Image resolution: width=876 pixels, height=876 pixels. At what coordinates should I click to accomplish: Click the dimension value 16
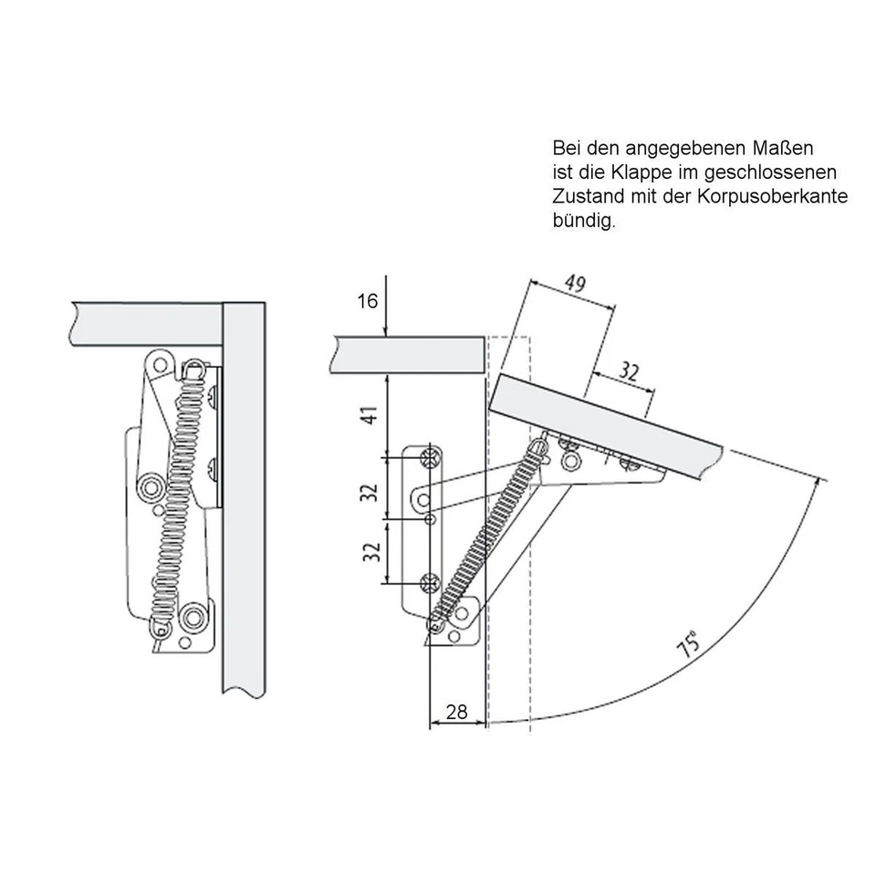pyautogui.click(x=367, y=300)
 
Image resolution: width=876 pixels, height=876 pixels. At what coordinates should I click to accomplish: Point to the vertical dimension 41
pyautogui.click(x=368, y=416)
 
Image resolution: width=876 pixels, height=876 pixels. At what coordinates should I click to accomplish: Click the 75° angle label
pyautogui.click(x=690, y=644)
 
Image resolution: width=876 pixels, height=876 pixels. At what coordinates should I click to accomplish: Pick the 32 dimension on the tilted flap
pyautogui.click(x=629, y=371)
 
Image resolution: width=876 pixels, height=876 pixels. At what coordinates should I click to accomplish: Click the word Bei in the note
pyautogui.click(x=566, y=147)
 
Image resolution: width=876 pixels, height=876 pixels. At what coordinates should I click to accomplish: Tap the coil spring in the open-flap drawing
pyautogui.click(x=488, y=535)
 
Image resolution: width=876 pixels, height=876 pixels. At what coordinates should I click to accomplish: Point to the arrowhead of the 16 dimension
pyautogui.click(x=387, y=332)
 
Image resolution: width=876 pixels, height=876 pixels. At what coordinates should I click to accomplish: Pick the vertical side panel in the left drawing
pyautogui.click(x=245, y=502)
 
